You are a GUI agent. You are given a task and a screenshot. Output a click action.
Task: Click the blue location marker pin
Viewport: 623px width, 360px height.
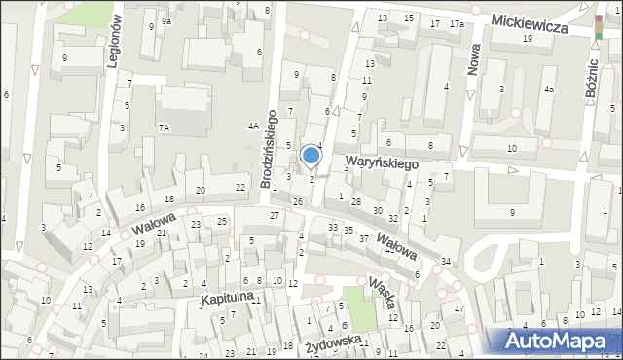(311, 155)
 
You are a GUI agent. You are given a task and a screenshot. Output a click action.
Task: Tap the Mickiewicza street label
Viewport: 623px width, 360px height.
(530, 22)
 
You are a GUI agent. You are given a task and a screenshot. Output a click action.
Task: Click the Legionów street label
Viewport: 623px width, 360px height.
(114, 43)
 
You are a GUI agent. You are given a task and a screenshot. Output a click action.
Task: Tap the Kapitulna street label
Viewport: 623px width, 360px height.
(227, 294)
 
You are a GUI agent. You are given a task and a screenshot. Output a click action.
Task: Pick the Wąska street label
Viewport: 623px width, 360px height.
(382, 298)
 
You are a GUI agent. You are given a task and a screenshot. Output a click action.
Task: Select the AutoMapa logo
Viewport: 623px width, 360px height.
(553, 341)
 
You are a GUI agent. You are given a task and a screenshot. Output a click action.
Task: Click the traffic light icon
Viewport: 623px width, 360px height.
(598, 26)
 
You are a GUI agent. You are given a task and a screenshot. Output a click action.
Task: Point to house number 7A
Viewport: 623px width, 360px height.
(165, 127)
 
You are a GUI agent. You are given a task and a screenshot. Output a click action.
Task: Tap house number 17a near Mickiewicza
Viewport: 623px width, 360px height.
(457, 23)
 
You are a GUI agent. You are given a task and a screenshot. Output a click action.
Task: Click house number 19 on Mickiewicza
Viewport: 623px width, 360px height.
(527, 38)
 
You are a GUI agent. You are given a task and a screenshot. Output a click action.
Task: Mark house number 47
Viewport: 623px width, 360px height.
(458, 308)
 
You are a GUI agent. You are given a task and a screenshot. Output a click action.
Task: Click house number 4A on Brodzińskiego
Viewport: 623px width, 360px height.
(253, 126)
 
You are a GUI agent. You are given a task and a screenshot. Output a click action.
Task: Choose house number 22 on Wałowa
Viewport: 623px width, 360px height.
(240, 187)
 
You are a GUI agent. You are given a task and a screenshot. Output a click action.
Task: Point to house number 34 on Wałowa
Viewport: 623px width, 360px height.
(445, 262)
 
